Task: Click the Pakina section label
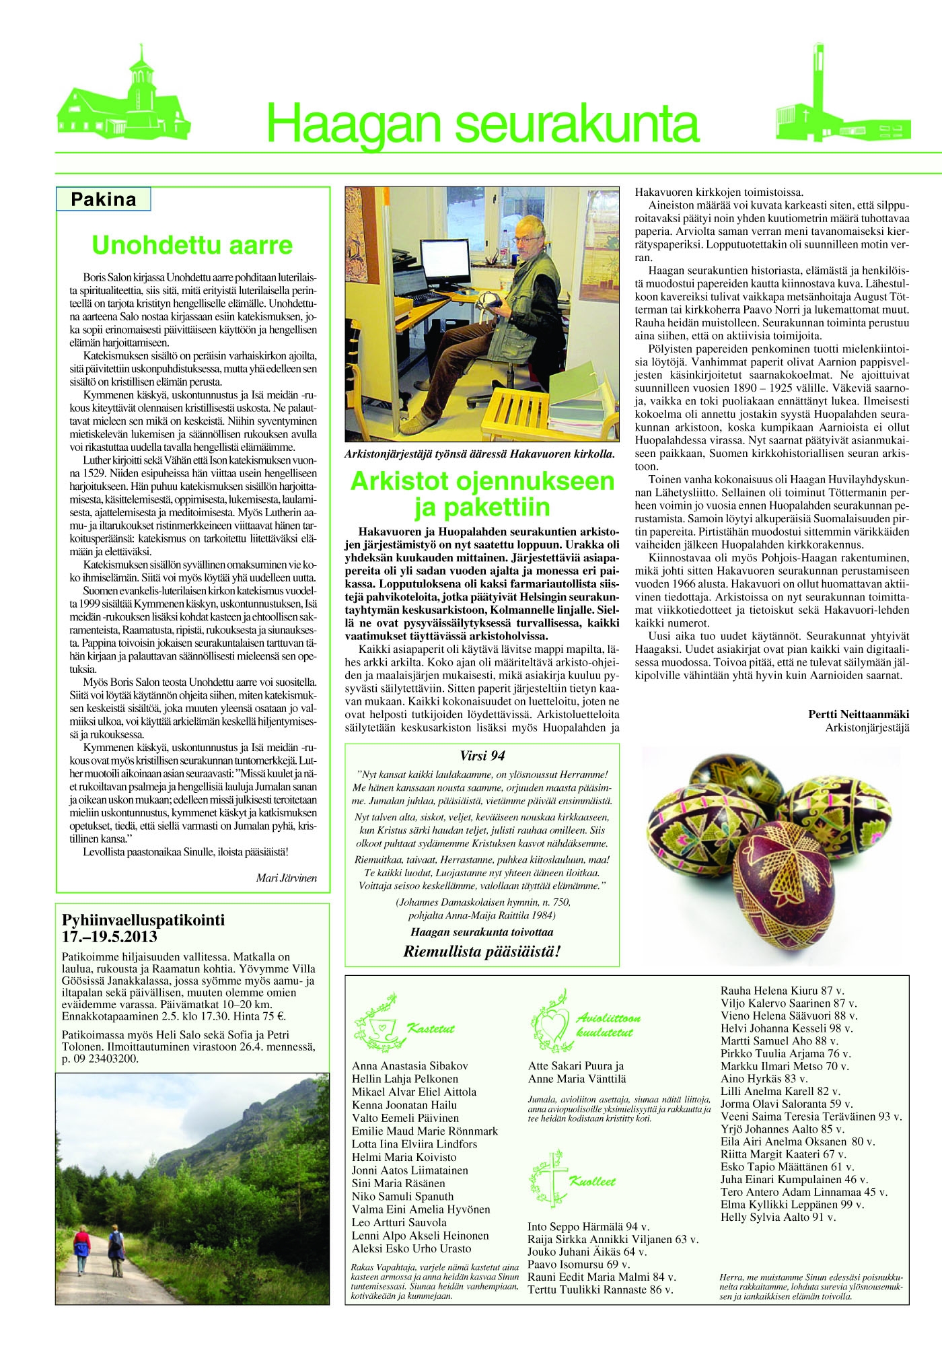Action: click(103, 199)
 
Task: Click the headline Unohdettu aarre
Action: click(192, 245)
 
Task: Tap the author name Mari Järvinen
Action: click(286, 878)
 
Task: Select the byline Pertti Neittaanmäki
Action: click(859, 714)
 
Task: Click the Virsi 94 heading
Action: click(482, 756)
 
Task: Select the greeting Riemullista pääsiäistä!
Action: click(482, 951)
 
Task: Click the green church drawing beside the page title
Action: click(122, 101)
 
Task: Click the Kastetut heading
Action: click(431, 1028)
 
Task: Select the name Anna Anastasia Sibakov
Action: click(410, 1065)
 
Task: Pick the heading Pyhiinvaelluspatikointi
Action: click(143, 920)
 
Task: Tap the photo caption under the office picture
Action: click(479, 454)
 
